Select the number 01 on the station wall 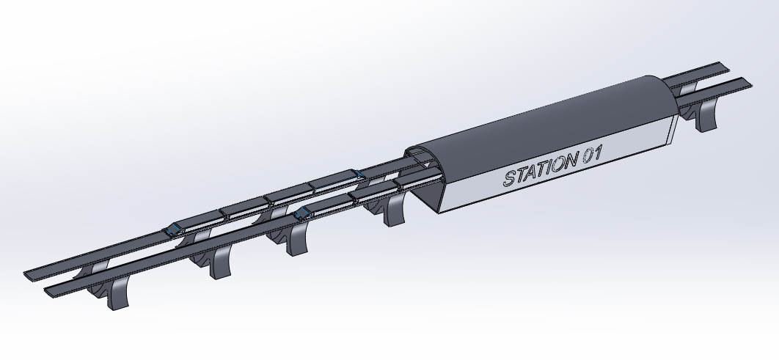click(x=592, y=154)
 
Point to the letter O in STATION click(x=558, y=164)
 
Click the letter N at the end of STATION click(x=571, y=161)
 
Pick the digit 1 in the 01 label click(x=598, y=153)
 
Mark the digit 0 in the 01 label click(x=588, y=155)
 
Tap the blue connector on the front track click(x=301, y=214)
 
